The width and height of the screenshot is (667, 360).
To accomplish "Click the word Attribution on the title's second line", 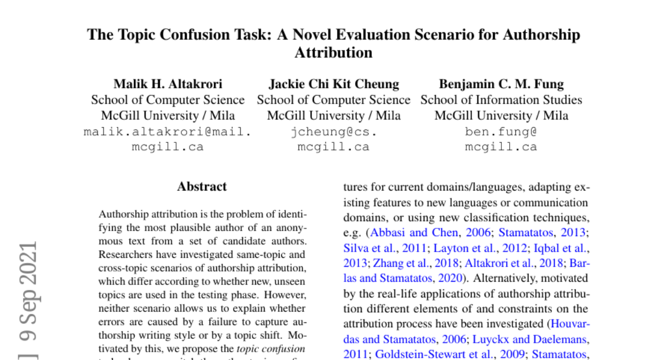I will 333,53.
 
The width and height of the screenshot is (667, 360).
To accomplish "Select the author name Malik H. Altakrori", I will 168,84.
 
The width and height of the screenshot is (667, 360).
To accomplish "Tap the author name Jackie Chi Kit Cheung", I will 333,84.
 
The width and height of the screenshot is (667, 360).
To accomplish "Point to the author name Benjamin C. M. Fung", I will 501,84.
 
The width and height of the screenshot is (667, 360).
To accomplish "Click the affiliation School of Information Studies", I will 501,100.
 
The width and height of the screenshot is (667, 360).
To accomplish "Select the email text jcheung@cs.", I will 333,132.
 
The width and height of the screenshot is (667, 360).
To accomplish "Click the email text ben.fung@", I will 501,132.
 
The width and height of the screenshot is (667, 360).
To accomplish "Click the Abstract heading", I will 202,187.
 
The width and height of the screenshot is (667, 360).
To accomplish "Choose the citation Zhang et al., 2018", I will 413,263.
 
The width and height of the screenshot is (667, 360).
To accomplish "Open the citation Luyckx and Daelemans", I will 523,339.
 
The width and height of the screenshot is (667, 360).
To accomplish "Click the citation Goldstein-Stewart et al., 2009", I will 451,354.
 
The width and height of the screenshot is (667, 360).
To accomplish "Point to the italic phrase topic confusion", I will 271,349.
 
